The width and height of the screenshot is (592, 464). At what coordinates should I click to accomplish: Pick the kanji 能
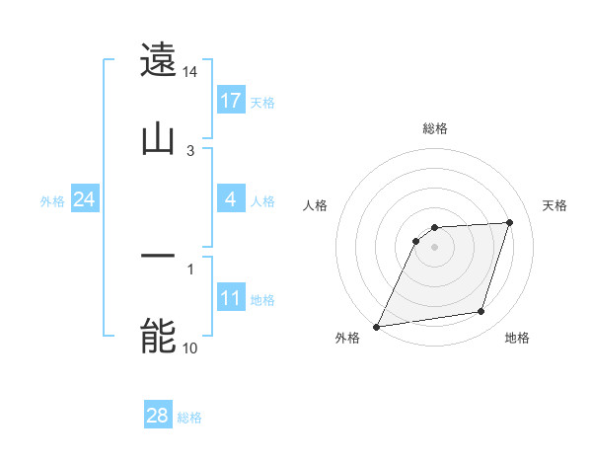pyautogui.click(x=159, y=336)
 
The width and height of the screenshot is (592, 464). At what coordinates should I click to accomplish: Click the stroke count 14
pyautogui.click(x=190, y=72)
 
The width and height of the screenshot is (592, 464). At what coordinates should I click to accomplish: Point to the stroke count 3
pyautogui.click(x=190, y=150)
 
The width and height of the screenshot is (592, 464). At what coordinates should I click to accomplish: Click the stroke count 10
pyautogui.click(x=190, y=348)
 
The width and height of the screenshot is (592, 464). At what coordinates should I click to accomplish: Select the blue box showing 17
pyautogui.click(x=231, y=100)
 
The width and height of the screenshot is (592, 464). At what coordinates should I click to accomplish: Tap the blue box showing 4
pyautogui.click(x=231, y=199)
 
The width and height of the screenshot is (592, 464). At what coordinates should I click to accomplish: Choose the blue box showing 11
pyautogui.click(x=231, y=297)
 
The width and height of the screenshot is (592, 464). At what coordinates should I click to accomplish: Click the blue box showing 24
pyautogui.click(x=84, y=199)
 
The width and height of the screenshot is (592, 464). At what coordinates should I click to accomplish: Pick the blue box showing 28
pyautogui.click(x=158, y=416)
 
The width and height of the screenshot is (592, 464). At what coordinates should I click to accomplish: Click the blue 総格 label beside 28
pyautogui.click(x=189, y=418)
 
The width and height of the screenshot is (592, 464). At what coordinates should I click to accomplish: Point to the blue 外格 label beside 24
pyautogui.click(x=52, y=201)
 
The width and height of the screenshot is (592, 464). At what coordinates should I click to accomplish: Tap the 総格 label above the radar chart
pyautogui.click(x=434, y=128)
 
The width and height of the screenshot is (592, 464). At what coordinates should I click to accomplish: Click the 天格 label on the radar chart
pyautogui.click(x=555, y=205)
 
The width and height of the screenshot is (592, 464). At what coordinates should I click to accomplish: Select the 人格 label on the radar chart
pyautogui.click(x=316, y=205)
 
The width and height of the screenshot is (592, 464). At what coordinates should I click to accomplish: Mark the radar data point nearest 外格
pyautogui.click(x=376, y=327)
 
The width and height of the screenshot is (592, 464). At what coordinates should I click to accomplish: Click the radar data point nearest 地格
pyautogui.click(x=481, y=312)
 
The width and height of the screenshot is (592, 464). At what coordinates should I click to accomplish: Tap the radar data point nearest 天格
pyautogui.click(x=510, y=222)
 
